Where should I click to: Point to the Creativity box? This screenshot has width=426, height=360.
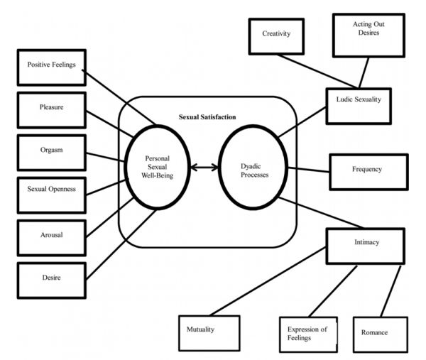click(x=276, y=33)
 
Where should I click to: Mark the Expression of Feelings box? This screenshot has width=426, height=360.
click(x=307, y=333)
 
